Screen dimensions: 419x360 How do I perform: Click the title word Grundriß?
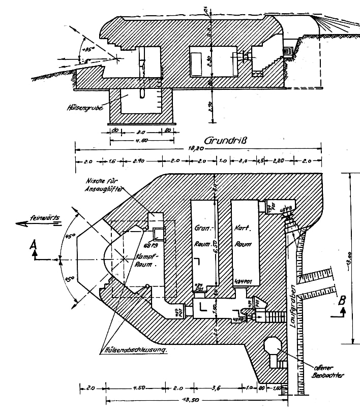(x=225, y=140)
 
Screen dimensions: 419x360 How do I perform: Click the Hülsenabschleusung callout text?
(x=136, y=350)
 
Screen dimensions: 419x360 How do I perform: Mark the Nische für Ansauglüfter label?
(x=107, y=184)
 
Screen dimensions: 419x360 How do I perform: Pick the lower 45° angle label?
(x=70, y=279)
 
